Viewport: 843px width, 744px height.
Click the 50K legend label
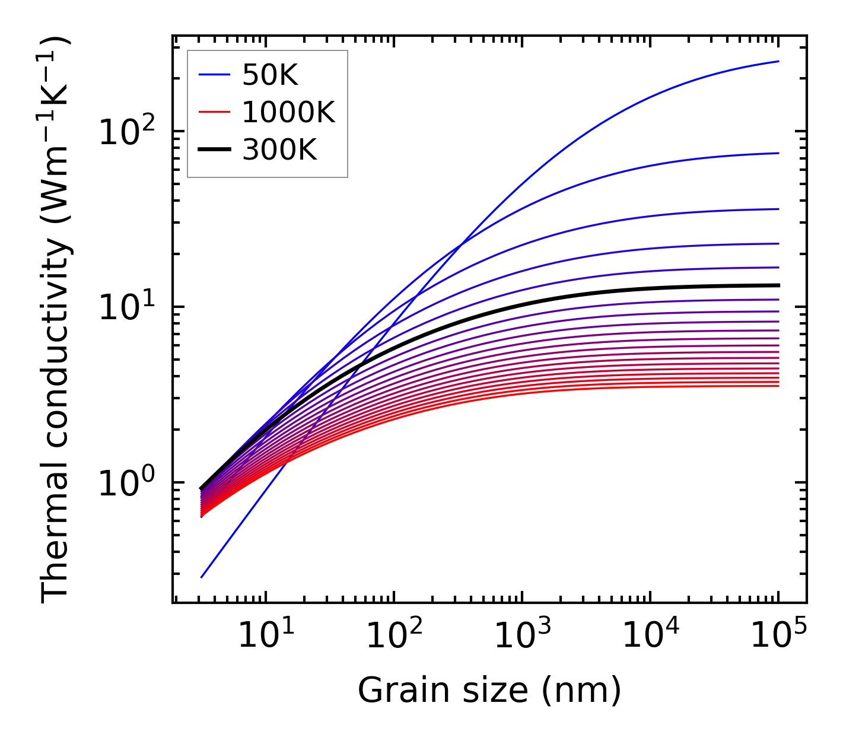(x=270, y=75)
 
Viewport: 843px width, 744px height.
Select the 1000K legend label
(x=288, y=113)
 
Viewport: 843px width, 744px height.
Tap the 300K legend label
(x=279, y=151)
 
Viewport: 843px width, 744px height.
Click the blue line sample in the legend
(x=214, y=75)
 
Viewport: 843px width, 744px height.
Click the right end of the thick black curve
(x=778, y=285)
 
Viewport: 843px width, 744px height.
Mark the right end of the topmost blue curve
(x=778, y=61)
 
